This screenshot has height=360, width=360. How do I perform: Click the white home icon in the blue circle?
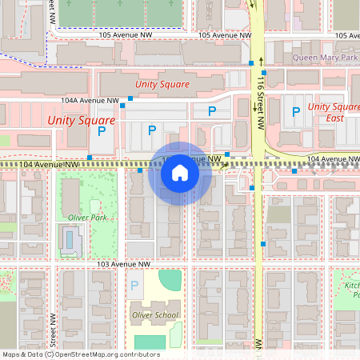[180, 173]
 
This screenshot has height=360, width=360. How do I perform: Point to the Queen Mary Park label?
[324, 58]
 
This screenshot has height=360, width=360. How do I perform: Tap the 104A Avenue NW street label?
[90, 101]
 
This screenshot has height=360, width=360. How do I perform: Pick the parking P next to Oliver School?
[134, 285]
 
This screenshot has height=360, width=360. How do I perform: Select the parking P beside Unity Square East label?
[296, 111]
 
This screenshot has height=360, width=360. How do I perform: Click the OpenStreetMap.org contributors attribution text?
[108, 354]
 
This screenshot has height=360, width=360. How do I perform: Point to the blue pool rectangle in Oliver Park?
[70, 238]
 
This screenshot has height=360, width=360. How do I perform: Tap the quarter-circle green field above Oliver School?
[170, 281]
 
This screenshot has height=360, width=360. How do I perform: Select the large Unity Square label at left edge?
[81, 120]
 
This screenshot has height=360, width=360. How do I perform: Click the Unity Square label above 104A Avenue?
[162, 84]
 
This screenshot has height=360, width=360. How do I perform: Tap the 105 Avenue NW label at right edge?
[346, 36]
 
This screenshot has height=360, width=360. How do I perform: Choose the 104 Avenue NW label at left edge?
[48, 164]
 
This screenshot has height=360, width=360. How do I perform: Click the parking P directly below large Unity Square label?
[102, 130]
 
